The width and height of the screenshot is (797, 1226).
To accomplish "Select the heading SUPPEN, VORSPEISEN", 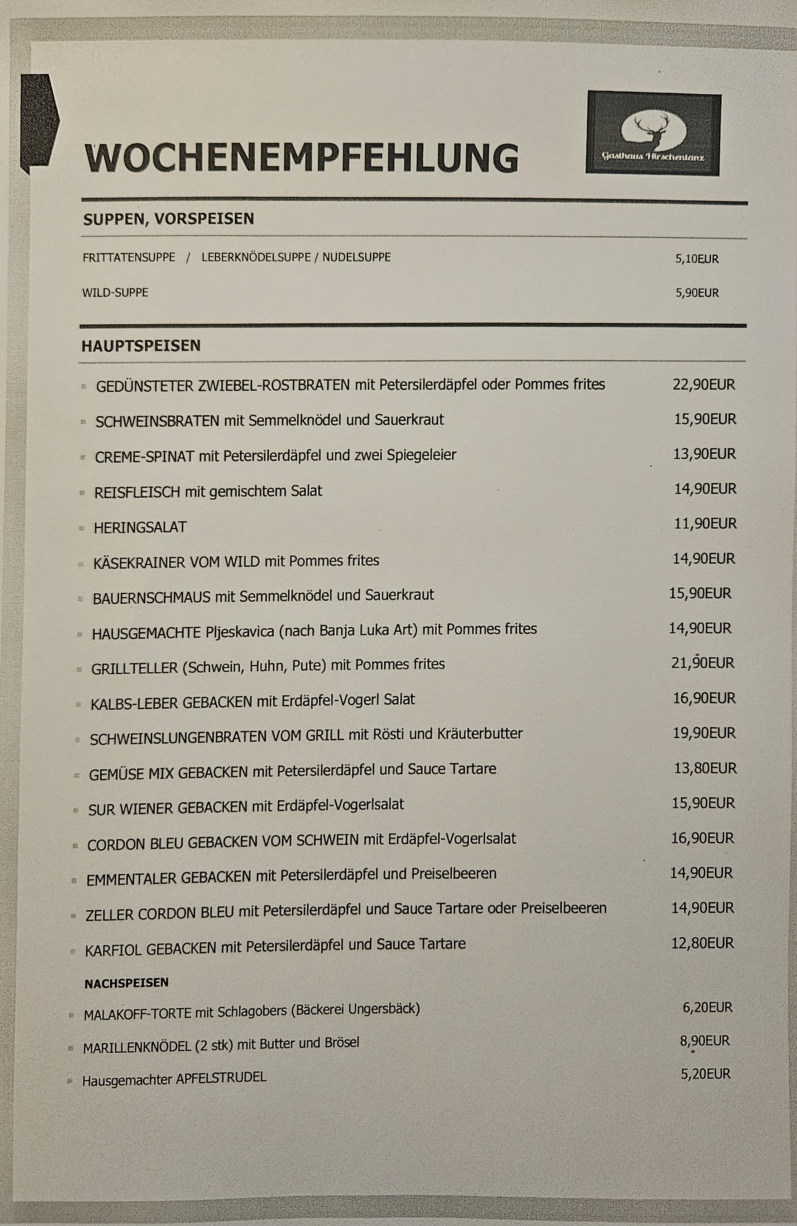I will pyautogui.click(x=168, y=219).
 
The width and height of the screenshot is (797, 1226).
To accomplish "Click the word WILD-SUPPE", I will pyautogui.click(x=115, y=293).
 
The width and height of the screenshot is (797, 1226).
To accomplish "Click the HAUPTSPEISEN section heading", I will pyautogui.click(x=141, y=346).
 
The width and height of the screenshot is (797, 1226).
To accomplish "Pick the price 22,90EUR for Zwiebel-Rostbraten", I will pyautogui.click(x=704, y=384).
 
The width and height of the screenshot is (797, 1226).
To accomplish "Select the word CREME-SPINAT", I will pyautogui.click(x=144, y=457).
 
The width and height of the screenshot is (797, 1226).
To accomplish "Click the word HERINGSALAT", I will pyautogui.click(x=140, y=527).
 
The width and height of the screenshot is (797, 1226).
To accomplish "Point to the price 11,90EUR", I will pyautogui.click(x=705, y=524).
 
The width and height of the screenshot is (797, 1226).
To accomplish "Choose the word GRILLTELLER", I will pyautogui.click(x=134, y=668).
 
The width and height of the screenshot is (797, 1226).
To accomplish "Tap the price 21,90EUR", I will pyautogui.click(x=702, y=663).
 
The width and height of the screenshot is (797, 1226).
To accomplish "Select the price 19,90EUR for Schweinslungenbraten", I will pyautogui.click(x=704, y=733).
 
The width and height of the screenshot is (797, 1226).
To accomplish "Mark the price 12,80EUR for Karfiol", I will pyautogui.click(x=702, y=943).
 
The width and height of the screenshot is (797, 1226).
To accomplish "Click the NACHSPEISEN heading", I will pyautogui.click(x=126, y=983).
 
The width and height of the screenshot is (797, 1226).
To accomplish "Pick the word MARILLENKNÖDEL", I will pyautogui.click(x=136, y=1047).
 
